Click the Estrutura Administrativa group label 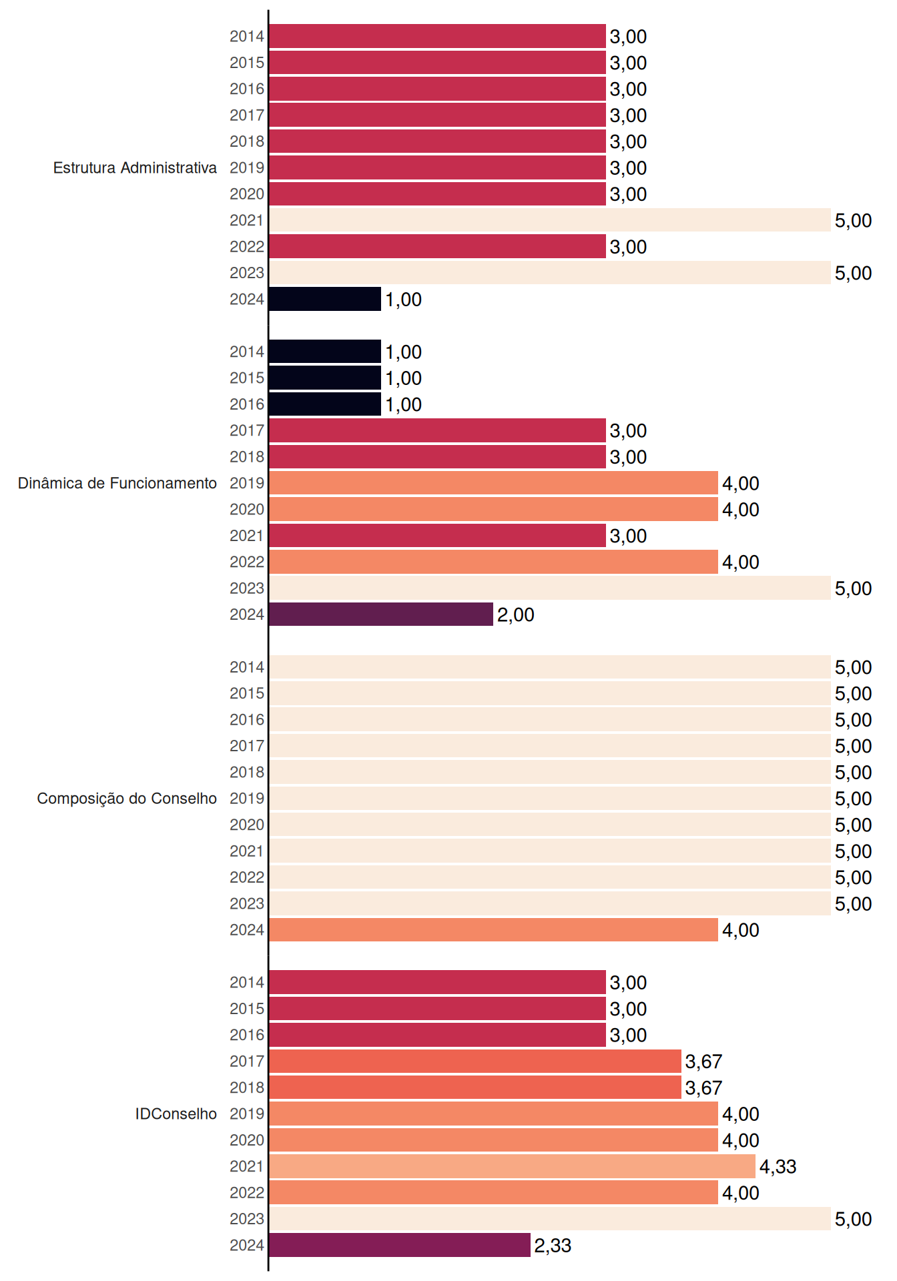(x=135, y=167)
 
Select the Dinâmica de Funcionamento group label (x=117, y=483)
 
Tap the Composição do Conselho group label (x=127, y=799)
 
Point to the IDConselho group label (x=176, y=1114)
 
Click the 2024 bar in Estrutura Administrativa (x=325, y=299)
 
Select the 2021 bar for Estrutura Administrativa (x=550, y=220)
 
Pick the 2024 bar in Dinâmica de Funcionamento (x=381, y=614)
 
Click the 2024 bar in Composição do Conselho (x=493, y=929)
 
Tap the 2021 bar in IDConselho (x=512, y=1166)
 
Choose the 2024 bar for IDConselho (x=400, y=1245)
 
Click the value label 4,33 (x=778, y=1167)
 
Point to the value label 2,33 (x=553, y=1246)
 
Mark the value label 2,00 (x=516, y=615)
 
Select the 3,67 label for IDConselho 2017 (x=704, y=1061)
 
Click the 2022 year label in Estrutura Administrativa (x=247, y=247)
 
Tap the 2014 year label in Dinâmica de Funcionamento (x=247, y=352)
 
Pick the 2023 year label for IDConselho (x=247, y=1219)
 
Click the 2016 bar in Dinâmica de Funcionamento (x=325, y=404)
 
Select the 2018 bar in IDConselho (x=475, y=1088)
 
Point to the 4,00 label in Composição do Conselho (x=741, y=930)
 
